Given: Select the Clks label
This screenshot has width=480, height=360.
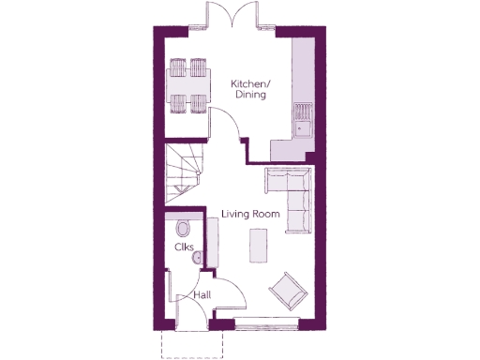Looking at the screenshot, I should click(184, 247).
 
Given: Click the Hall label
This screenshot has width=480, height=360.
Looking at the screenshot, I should click(201, 294).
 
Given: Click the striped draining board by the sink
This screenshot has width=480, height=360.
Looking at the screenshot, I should click(304, 110).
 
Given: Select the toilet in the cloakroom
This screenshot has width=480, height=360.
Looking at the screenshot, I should click(182, 228).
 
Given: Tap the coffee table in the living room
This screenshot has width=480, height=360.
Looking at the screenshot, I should click(257, 247).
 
